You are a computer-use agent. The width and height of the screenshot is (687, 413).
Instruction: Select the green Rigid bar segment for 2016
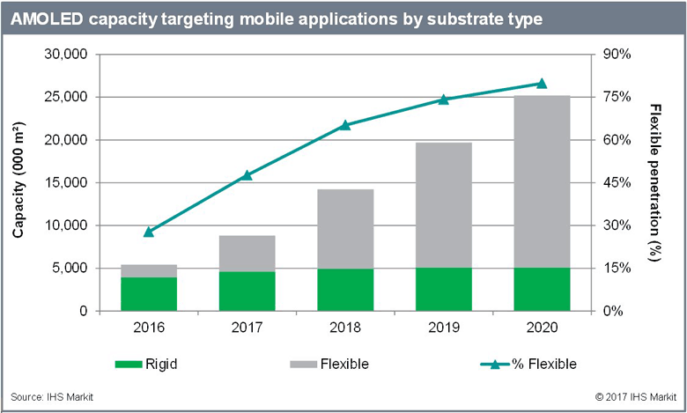[x=149, y=294]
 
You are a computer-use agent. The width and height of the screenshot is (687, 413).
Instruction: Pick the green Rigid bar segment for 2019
[x=444, y=289]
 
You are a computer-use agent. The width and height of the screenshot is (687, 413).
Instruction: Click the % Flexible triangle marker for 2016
[x=149, y=232]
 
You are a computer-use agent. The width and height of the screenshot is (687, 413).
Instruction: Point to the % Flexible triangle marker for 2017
[x=247, y=175]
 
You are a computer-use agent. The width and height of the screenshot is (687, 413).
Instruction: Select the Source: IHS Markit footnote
[x=52, y=397]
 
